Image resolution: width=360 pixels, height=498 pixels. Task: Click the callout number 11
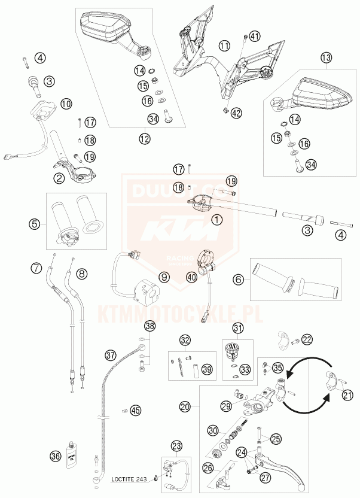coord(224,45)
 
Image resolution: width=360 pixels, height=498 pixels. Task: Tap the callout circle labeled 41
coord(255,36)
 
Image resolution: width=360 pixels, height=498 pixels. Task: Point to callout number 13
coord(325,58)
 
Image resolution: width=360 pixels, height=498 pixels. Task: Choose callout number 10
coord(66,104)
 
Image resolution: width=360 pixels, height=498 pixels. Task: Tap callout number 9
coord(164,277)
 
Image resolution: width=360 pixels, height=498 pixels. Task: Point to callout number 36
coord(56,456)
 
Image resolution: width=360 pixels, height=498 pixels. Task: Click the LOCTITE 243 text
coord(131,478)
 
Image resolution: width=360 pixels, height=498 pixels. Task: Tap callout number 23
coord(176,445)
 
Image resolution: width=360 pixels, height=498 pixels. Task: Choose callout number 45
coord(136,410)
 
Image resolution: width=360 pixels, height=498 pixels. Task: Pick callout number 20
coord(186,406)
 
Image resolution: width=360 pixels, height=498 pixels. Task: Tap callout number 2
coord(59,178)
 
